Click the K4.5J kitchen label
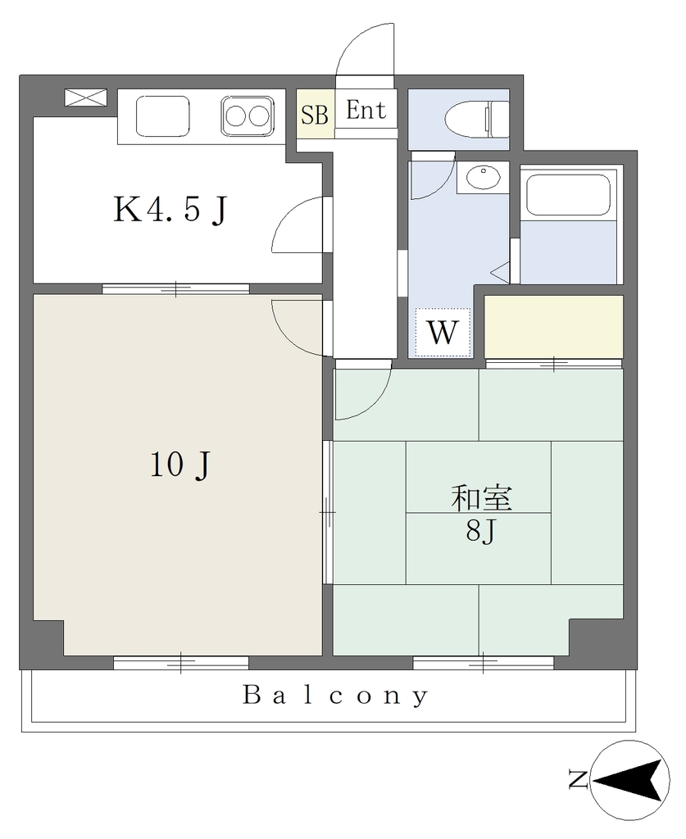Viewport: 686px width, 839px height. tap(170, 209)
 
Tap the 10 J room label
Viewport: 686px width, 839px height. tap(179, 465)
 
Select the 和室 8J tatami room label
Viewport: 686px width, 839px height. tap(482, 514)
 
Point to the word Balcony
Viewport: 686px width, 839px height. tap(335, 696)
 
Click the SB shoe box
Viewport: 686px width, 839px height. tap(316, 114)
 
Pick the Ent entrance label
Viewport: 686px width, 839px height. tap(366, 110)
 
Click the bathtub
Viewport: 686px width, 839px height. tap(568, 193)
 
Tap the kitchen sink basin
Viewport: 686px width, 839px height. tap(162, 116)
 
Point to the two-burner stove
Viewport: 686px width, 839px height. tap(247, 116)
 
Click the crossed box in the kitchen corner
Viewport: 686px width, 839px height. tap(85, 98)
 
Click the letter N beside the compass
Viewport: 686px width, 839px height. tap(578, 779)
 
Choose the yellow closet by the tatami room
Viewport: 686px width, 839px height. tap(554, 326)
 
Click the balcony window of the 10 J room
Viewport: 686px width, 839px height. tap(181, 664)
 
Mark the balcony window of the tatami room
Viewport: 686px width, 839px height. tap(484, 664)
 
